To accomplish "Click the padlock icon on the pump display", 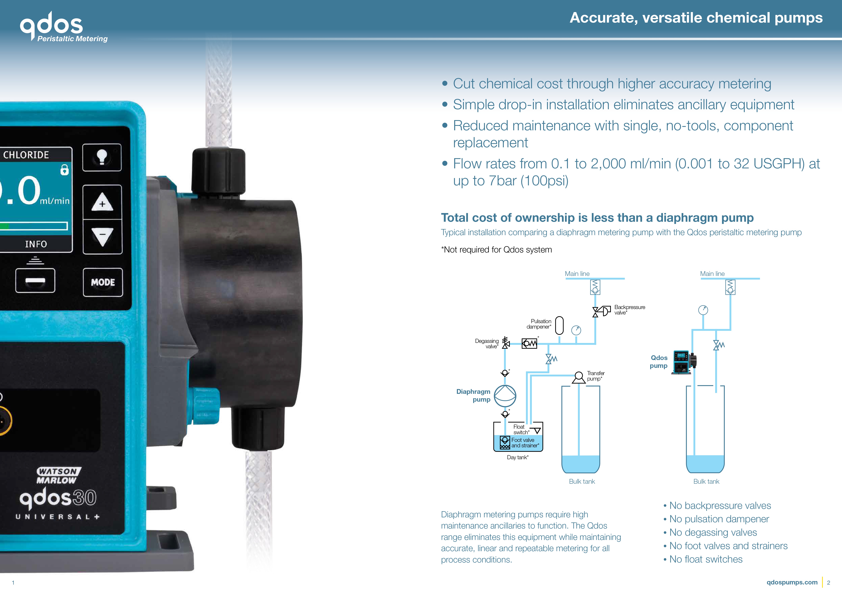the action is coord(64,170).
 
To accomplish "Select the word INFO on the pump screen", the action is coord(36,244).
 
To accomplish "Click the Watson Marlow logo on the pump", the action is coord(58,476).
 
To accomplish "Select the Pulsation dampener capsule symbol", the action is coord(559,326).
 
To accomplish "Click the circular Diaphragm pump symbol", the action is coord(505,396).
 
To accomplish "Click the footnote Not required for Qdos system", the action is coord(496,250).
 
